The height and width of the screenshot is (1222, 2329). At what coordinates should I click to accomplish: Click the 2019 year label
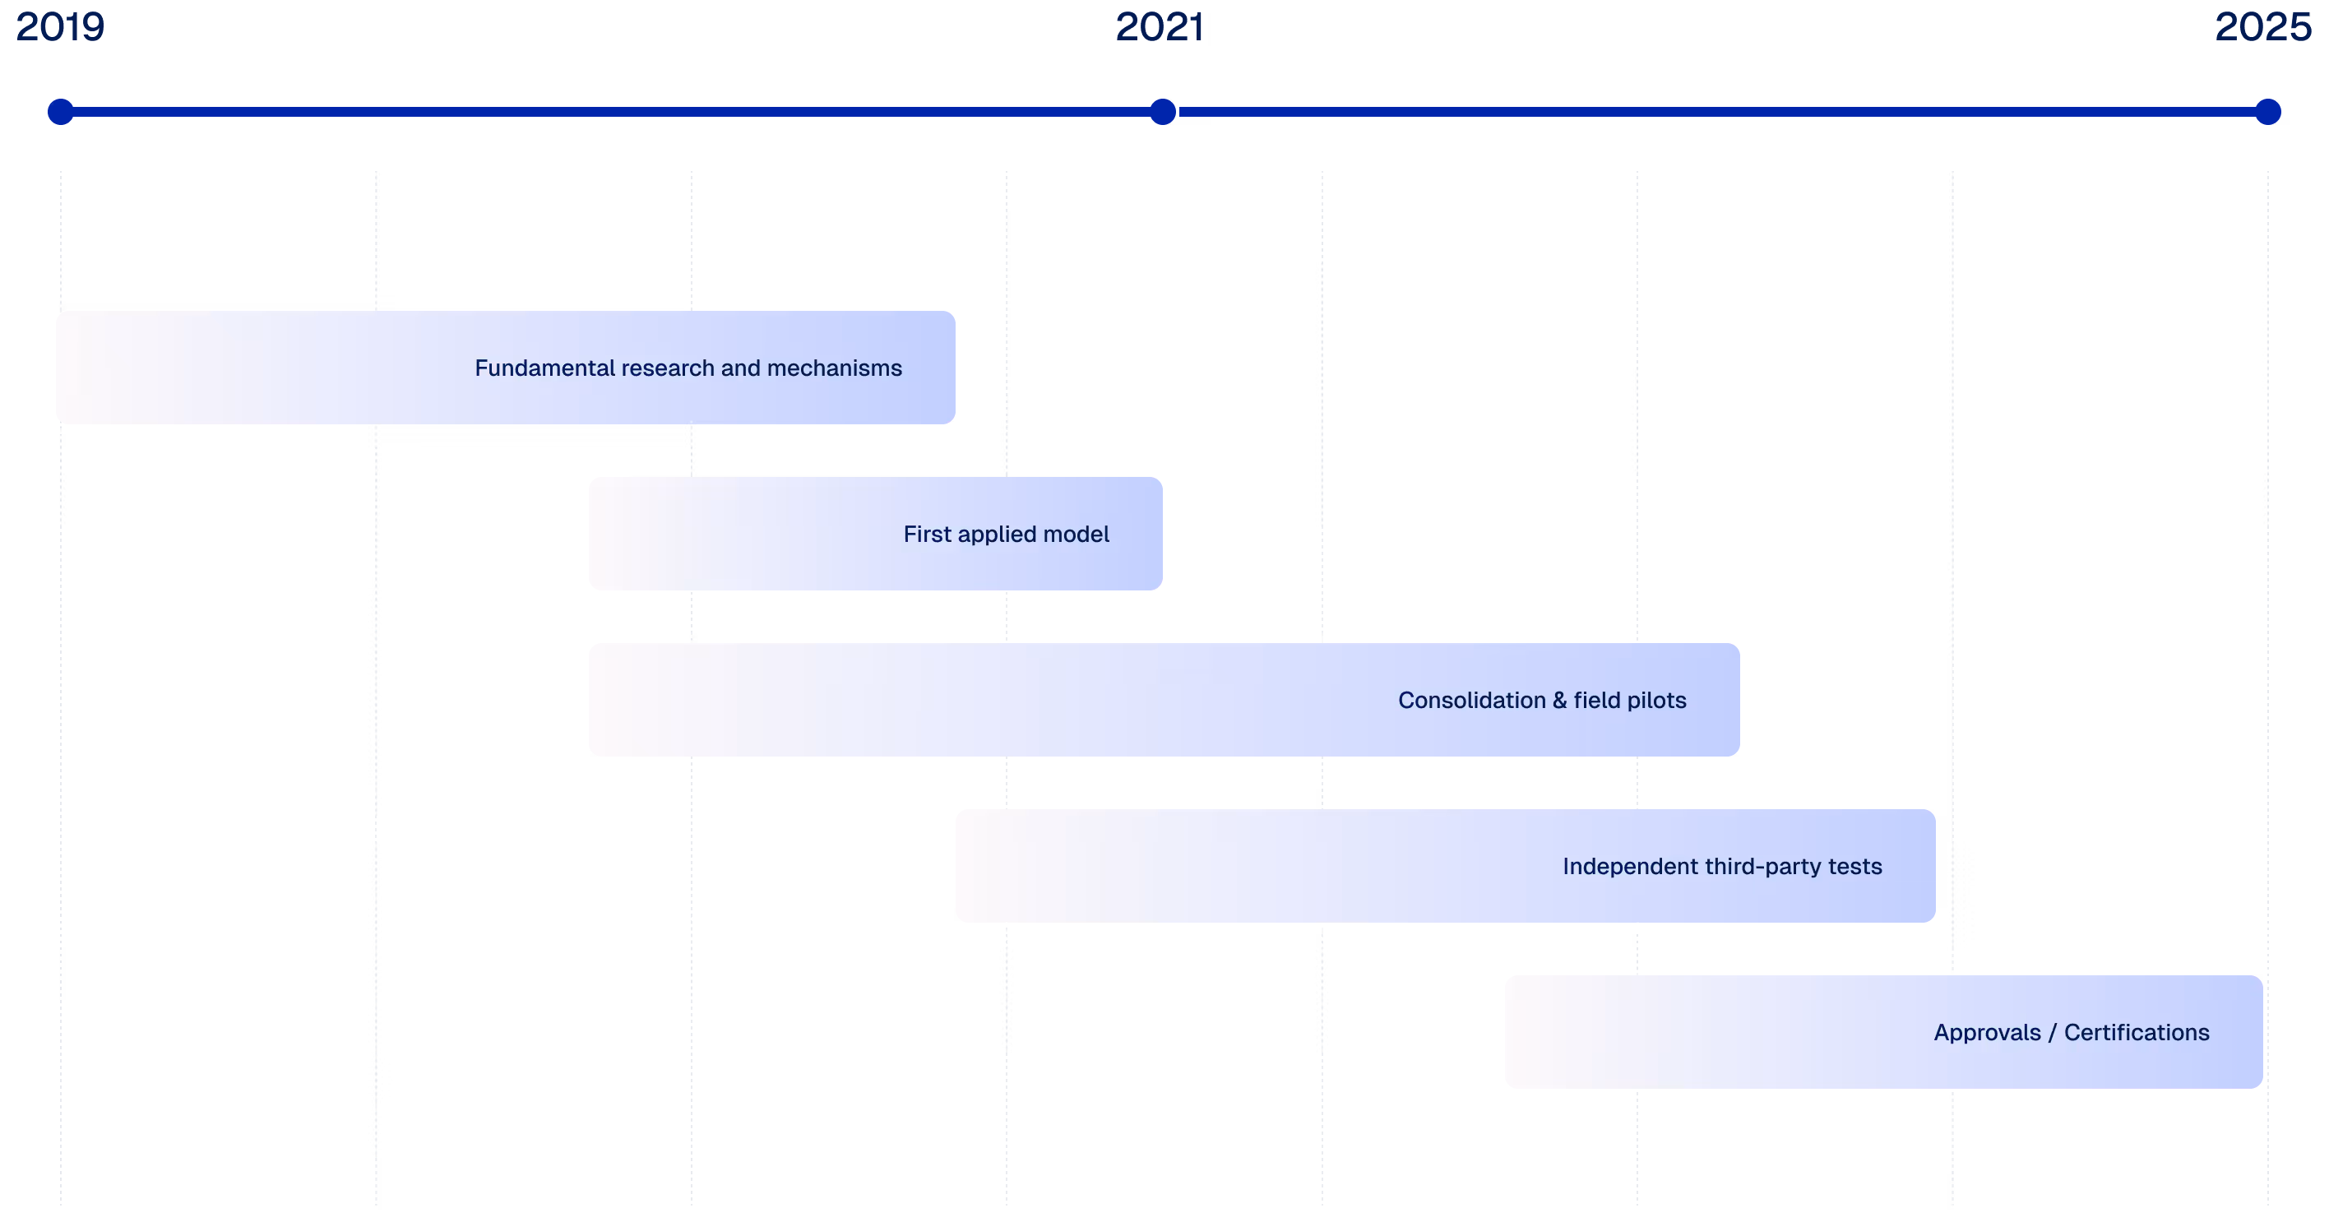pyautogui.click(x=60, y=27)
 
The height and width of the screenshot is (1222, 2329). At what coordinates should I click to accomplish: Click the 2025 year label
pyautogui.click(x=2263, y=27)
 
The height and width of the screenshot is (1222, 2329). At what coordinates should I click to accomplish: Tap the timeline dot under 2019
pyautogui.click(x=61, y=112)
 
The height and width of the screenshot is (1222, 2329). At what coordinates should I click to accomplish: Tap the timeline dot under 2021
pyautogui.click(x=1163, y=112)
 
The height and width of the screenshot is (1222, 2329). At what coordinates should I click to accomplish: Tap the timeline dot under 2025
pyautogui.click(x=2267, y=112)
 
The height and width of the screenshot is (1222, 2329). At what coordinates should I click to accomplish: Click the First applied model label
pyautogui.click(x=1006, y=535)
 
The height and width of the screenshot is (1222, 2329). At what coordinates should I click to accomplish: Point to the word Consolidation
pyautogui.click(x=1471, y=701)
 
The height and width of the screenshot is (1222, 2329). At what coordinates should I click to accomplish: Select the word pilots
pyautogui.click(x=1656, y=701)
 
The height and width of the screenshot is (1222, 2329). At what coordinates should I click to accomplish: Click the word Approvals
pyautogui.click(x=1986, y=1033)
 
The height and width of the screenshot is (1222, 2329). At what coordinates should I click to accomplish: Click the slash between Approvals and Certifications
pyautogui.click(x=2053, y=1033)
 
